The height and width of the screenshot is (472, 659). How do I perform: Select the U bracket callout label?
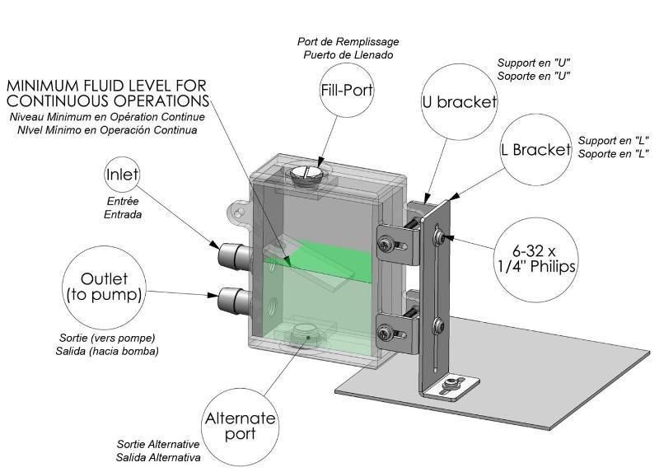(459, 103)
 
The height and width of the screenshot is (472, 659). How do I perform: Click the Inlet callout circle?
(122, 175)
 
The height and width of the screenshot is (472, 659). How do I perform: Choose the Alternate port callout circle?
(241, 425)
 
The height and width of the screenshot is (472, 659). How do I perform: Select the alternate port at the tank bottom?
(306, 333)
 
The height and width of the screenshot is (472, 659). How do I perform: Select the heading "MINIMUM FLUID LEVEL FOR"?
(106, 86)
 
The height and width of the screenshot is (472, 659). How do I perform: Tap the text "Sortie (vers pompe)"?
(107, 338)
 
